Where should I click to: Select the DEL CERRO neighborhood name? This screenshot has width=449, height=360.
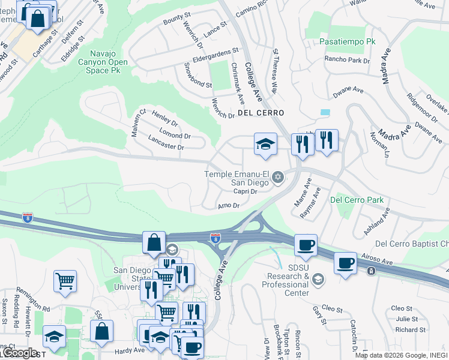260,113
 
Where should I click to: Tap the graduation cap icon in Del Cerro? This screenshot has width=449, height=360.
265,145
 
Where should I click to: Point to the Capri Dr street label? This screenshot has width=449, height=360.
245,191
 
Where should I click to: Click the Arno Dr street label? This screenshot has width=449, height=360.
228,205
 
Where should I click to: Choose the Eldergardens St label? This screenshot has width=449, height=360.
215,57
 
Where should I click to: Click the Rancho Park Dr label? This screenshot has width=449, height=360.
346,60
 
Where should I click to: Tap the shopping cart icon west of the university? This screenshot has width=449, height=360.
65,280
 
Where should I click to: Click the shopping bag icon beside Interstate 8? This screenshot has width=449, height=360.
154,242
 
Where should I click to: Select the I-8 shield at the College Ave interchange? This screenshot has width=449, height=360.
214,239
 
